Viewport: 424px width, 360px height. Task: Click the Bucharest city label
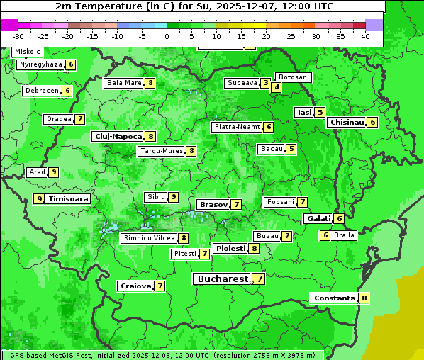click(222, 279)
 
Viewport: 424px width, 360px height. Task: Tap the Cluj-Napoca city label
click(118, 136)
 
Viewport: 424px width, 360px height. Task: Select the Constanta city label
click(333, 298)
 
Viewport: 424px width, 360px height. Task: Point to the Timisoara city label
click(69, 199)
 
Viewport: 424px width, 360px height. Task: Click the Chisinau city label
click(347, 122)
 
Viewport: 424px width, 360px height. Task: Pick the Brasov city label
click(213, 204)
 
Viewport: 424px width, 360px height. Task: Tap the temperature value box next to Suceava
click(265, 83)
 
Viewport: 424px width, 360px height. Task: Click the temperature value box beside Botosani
click(277, 88)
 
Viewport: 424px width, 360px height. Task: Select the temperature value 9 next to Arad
click(54, 172)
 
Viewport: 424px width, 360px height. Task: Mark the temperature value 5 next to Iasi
click(320, 112)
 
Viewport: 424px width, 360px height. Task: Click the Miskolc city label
click(28, 52)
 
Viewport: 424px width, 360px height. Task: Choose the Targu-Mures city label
click(162, 151)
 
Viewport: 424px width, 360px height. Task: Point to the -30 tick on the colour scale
click(18, 35)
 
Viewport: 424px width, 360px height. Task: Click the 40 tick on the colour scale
click(365, 35)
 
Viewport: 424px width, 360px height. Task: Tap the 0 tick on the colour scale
click(167, 35)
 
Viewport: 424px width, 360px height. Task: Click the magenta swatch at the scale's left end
click(10, 25)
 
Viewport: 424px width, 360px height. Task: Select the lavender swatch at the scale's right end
click(374, 25)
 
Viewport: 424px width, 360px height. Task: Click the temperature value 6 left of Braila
click(325, 235)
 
